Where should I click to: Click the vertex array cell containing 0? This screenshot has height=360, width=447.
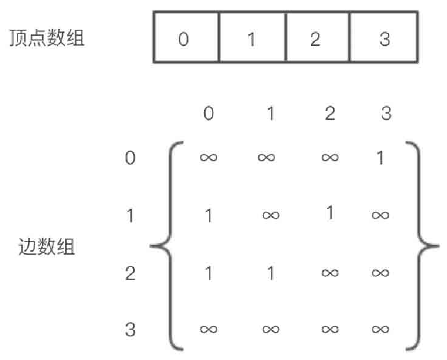coord(185,37)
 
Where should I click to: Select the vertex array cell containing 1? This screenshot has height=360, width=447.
coord(251,37)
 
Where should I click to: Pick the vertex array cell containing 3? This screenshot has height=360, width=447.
coord(384,37)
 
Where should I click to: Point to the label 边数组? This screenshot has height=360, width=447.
coord(47,247)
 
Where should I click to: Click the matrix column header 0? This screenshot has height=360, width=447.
coord(208,114)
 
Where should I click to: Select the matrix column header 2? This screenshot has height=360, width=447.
coord(330,114)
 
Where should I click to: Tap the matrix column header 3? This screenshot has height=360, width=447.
coord(386,114)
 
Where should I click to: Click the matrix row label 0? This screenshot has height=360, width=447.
coord(130,158)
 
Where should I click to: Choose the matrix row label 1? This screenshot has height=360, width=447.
coord(130,216)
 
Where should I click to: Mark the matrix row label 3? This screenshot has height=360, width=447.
coord(130,330)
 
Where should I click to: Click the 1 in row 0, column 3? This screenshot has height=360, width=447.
coord(381,158)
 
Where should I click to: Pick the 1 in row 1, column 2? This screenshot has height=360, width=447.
coord(330,214)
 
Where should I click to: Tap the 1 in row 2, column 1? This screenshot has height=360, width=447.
coord(270,273)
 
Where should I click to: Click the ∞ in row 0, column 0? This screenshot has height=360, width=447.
coord(208,158)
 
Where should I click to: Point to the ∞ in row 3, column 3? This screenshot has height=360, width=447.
coord(381,330)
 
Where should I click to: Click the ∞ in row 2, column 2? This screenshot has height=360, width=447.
coord(330,273)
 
